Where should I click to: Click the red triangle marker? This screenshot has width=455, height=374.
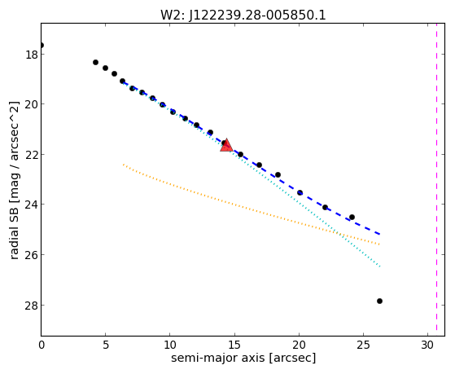(x=226, y=145)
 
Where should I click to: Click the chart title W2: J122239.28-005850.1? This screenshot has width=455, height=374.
(x=243, y=15)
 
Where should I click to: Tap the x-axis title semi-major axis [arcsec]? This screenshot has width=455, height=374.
(x=243, y=358)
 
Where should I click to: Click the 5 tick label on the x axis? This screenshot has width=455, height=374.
(x=106, y=345)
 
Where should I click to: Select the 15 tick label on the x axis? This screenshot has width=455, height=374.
(x=234, y=345)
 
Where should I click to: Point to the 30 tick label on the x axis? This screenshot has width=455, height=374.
(x=427, y=345)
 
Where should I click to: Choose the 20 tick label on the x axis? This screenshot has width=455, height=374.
(x=299, y=345)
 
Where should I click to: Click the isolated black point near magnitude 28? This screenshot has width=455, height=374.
(x=379, y=301)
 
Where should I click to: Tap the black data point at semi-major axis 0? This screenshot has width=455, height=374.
(x=42, y=46)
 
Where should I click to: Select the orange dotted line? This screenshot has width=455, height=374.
(x=252, y=205)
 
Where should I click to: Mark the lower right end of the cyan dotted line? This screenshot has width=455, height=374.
(x=380, y=266)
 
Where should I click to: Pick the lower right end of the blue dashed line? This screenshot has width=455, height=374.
(x=379, y=234)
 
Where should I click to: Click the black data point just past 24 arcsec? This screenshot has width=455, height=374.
(x=352, y=217)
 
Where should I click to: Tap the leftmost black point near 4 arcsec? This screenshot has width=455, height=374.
(x=95, y=62)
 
